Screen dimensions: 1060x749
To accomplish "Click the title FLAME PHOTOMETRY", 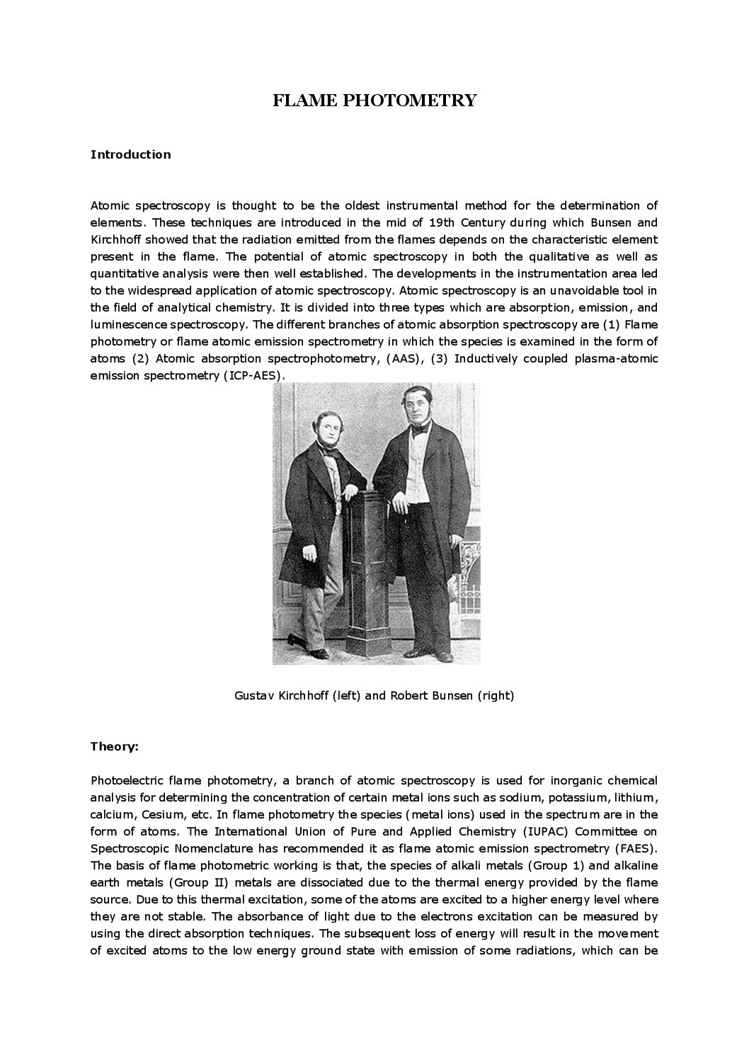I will (374, 101).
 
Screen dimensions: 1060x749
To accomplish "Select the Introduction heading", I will (130, 154).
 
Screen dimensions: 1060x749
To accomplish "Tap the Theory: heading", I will (115, 746).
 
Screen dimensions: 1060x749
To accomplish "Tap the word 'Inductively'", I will (486, 358).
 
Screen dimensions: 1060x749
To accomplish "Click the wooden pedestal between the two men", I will (371, 566).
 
